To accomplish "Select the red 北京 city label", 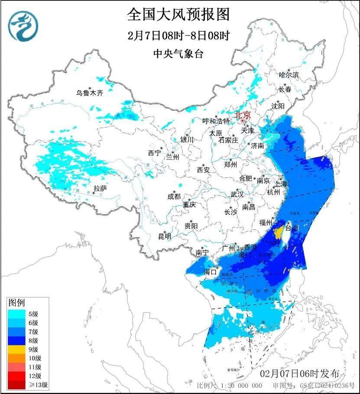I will pyautogui.click(x=243, y=115).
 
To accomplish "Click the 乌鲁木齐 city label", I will pyautogui.click(x=90, y=93).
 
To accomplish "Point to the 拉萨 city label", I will pyautogui.click(x=100, y=188).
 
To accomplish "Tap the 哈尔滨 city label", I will pyautogui.click(x=289, y=75).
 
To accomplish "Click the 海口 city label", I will pyautogui.click(x=210, y=272).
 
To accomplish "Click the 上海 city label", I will pyautogui.click(x=281, y=184).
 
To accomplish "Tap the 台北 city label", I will pyautogui.click(x=292, y=227).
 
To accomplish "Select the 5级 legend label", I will pyautogui.click(x=33, y=314).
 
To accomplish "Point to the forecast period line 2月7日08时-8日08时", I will pyautogui.click(x=178, y=36).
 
